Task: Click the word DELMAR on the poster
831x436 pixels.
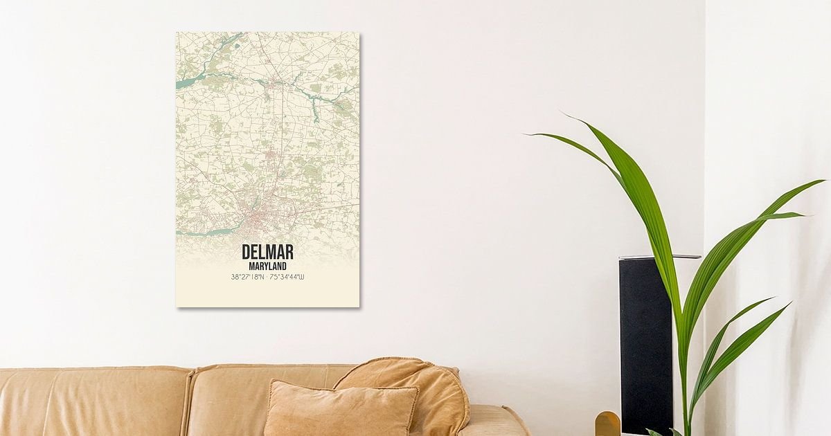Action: tap(267, 252)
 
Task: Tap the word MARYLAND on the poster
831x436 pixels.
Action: tap(267, 266)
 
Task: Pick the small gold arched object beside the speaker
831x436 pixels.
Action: tap(607, 423)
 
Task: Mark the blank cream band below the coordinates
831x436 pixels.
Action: tap(267, 294)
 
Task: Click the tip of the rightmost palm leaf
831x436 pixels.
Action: tap(823, 181)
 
